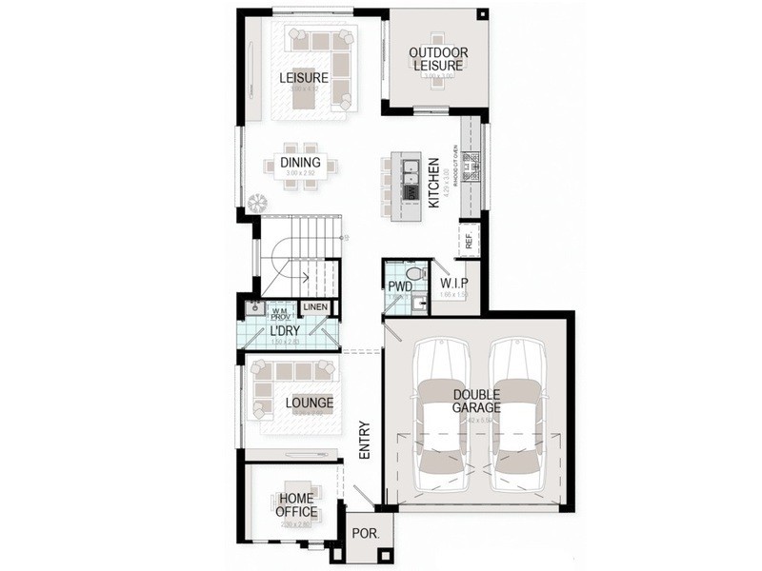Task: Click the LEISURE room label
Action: coord(303,78)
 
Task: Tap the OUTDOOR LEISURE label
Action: coord(437,59)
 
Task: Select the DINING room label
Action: coord(300,163)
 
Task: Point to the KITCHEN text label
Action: coord(432,184)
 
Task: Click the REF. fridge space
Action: coord(470,239)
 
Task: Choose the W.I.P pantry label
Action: coord(453,284)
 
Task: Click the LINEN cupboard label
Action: coord(315,307)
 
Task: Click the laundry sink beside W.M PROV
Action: coord(253,308)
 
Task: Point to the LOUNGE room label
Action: coord(309,403)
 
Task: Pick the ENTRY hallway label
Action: coord(364,442)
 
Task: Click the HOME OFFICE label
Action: coord(296,504)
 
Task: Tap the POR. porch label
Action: coord(365,534)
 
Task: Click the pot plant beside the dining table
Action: coord(256,203)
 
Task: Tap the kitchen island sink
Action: coord(411,170)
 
